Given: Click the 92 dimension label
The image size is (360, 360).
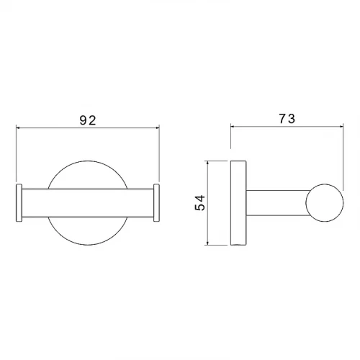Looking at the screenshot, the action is (88, 120).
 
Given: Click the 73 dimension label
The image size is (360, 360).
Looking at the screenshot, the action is (287, 119).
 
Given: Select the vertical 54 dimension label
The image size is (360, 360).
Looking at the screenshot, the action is (200, 203).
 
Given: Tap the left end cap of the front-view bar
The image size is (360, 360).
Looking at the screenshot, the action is (19, 203).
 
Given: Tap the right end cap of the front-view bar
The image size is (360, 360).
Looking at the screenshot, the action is (156, 203).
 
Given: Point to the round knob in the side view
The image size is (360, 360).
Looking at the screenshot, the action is (325, 203).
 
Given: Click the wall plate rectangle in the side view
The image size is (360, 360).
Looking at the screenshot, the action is (238, 203).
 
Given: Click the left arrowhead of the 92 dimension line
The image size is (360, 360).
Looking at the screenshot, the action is (18, 128).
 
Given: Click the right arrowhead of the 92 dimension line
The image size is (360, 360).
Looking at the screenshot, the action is (158, 128).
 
